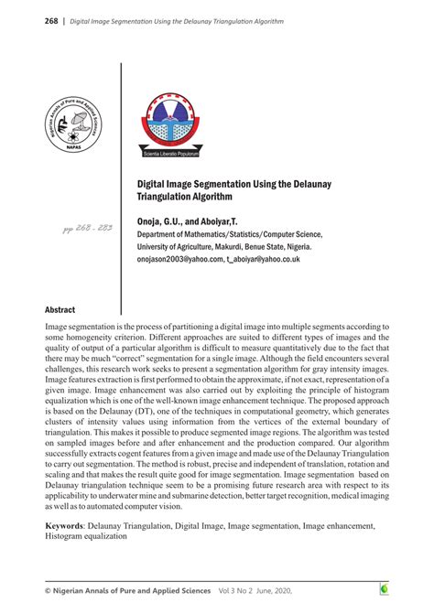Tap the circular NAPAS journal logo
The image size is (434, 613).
pyautogui.click(x=74, y=126)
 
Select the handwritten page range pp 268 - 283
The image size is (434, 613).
pyautogui.click(x=87, y=227)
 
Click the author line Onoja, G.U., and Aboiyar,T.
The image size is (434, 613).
pyautogui.click(x=187, y=222)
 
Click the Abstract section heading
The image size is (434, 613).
pyautogui.click(x=60, y=310)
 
